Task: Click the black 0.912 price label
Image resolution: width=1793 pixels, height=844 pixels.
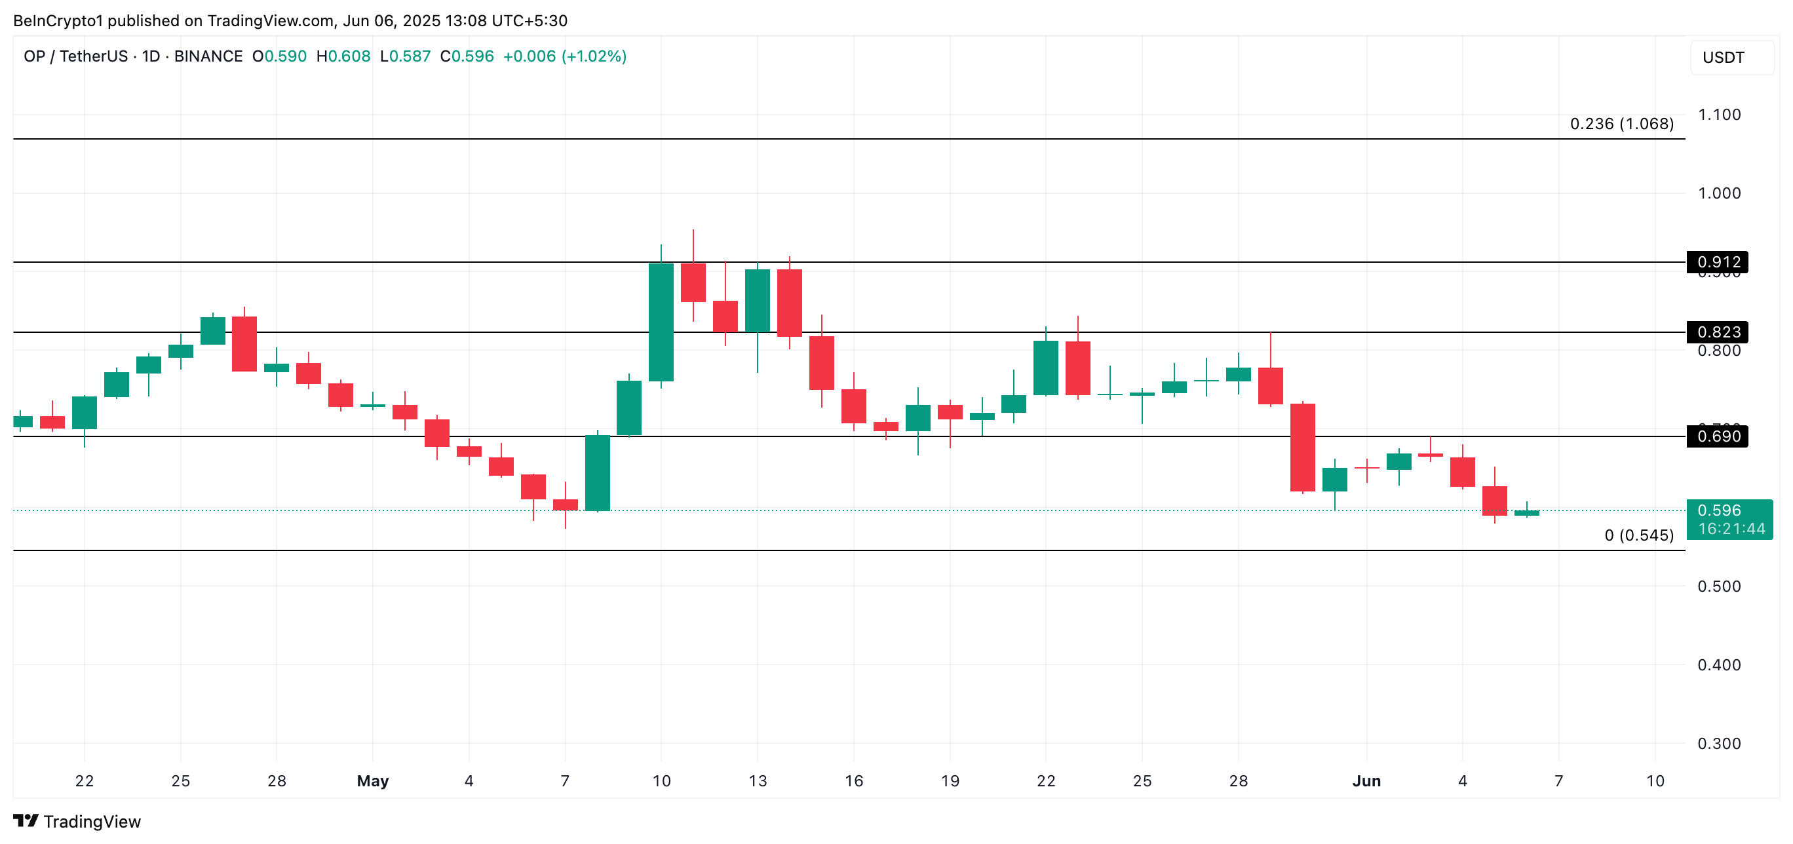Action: coord(1717,262)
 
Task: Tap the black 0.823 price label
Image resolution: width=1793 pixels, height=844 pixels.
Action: coord(1717,332)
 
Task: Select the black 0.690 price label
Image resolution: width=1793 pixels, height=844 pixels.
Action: coord(1717,436)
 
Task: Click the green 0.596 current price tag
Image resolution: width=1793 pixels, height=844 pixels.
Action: coord(1729,519)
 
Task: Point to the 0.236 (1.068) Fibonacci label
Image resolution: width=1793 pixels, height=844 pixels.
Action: coord(1621,124)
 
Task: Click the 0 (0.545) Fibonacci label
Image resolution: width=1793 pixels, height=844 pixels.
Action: coord(1638,535)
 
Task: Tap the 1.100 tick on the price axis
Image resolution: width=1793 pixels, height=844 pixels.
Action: coord(1718,115)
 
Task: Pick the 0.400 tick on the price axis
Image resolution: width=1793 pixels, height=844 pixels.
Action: coord(1718,664)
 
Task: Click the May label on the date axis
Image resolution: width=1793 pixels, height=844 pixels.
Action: coord(372,780)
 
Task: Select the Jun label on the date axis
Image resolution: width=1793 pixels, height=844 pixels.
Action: coord(1366,780)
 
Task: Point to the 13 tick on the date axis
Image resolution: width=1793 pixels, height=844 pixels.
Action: coord(758,780)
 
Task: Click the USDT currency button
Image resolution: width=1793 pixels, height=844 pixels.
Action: coord(1724,57)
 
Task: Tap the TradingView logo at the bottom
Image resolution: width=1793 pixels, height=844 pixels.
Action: coord(77,821)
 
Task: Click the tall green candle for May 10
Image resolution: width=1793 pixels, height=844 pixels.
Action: coord(661,322)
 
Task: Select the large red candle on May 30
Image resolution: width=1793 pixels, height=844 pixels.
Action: coord(1302,448)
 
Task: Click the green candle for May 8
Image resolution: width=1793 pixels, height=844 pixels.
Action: coord(597,473)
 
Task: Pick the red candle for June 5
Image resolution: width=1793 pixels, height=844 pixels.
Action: coord(1494,500)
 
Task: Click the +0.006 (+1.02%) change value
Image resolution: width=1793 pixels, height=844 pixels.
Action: coord(564,56)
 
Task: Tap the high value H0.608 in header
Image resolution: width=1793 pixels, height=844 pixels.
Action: coord(343,56)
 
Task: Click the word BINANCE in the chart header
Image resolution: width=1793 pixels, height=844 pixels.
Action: coord(208,56)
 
